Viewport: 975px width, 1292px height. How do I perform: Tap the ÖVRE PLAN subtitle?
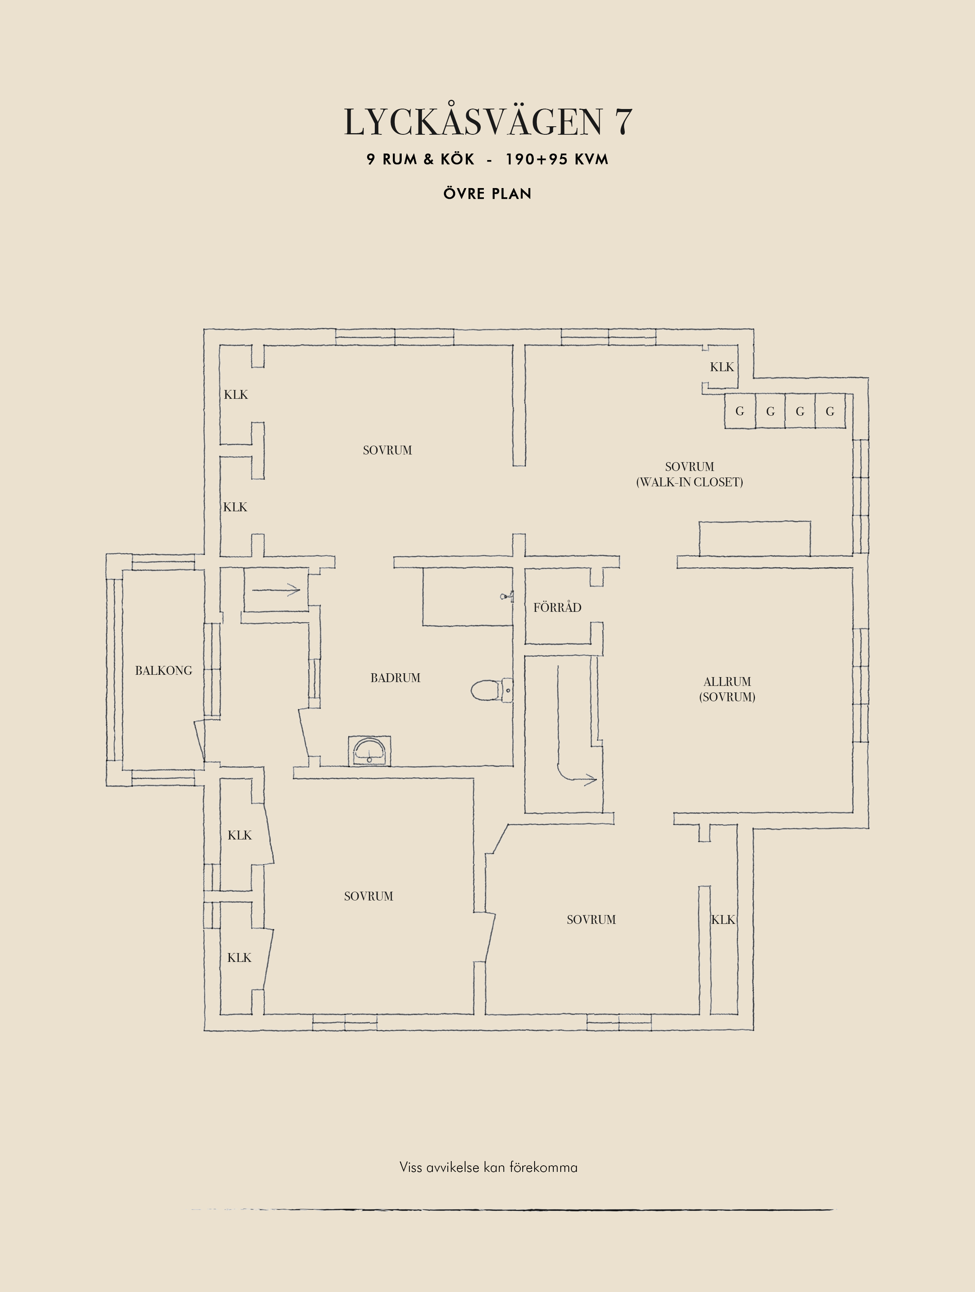487,193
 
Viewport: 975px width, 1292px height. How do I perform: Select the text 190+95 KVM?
557,159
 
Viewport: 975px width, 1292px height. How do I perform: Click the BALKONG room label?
164,671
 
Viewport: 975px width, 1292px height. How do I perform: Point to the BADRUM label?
396,677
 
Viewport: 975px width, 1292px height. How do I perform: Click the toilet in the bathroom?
491,690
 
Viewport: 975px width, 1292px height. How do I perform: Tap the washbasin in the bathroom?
369,750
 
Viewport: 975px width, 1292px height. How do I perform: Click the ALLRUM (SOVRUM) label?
727,689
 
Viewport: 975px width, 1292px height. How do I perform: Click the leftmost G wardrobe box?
740,411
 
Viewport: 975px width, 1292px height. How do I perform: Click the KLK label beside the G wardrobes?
722,367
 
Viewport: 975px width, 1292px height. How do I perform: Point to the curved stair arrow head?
591,779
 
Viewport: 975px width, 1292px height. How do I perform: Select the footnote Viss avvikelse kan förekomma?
488,1167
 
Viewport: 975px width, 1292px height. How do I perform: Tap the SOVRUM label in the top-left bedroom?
387,450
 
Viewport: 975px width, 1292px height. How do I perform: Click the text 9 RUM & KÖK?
420,159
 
